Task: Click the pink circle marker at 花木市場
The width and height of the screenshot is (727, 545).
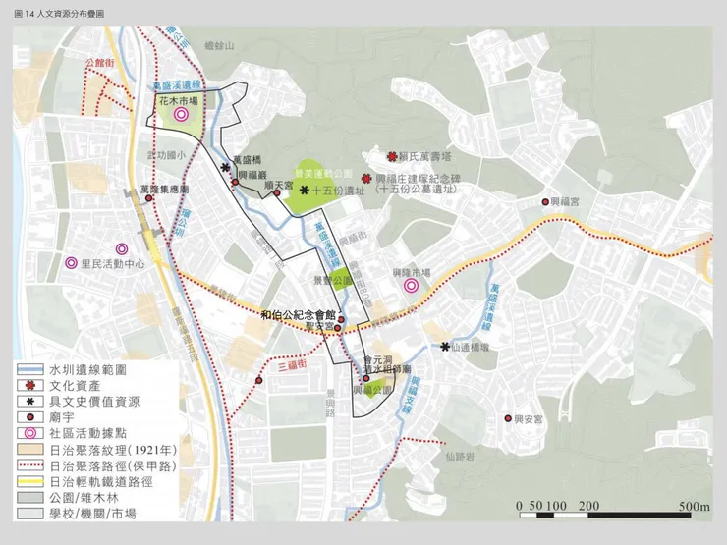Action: (x=181, y=115)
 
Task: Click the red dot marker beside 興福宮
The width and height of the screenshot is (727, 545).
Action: (x=546, y=202)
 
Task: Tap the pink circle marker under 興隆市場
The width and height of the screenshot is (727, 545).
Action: (x=411, y=286)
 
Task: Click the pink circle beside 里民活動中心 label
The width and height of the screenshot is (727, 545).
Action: (x=71, y=263)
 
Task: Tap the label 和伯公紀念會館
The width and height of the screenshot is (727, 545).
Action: (x=299, y=315)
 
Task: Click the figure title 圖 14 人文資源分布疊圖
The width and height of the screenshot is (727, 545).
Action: (x=59, y=13)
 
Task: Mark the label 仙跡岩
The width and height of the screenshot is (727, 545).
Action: (x=459, y=456)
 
